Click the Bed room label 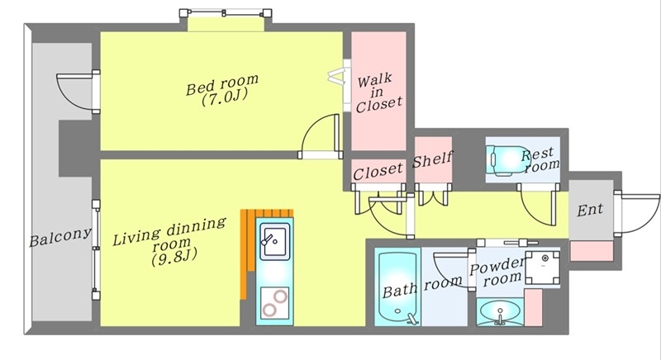tap(222, 90)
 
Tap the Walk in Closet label tap(378, 93)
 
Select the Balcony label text tap(59, 237)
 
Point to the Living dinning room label tap(169, 242)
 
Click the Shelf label tap(432, 159)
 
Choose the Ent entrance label tap(589, 209)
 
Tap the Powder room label tap(497, 272)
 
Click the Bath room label tap(421, 287)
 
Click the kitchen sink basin tap(275, 241)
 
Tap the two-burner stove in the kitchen tap(274, 303)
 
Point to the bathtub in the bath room tap(397, 287)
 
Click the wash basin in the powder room tap(500, 312)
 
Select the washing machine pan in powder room tap(543, 268)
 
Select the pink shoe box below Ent tap(591, 251)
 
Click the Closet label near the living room tap(378, 172)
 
